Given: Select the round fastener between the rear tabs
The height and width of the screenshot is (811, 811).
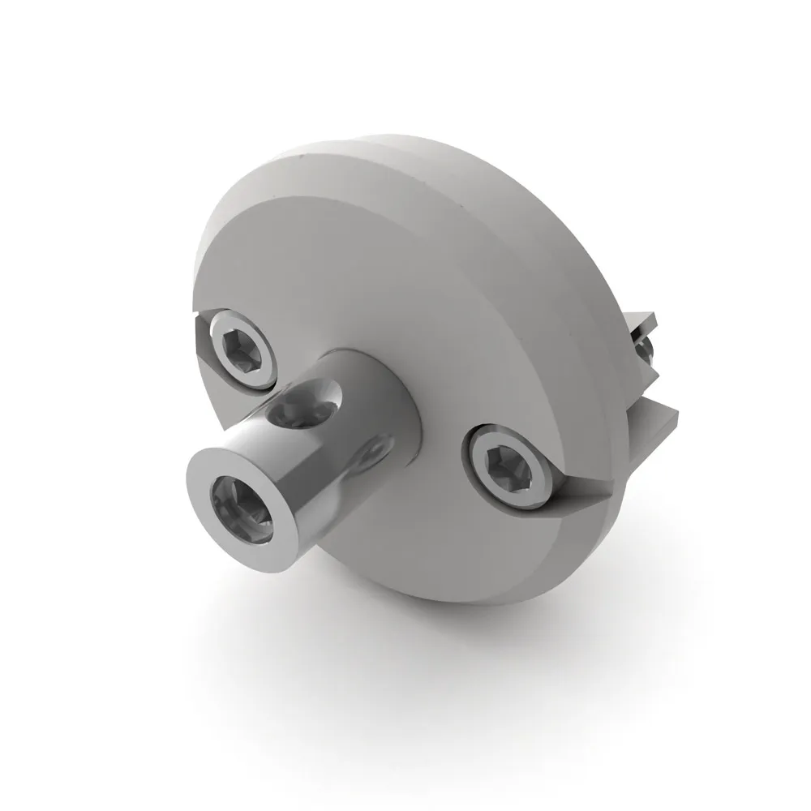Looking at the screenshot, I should click(645, 349).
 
